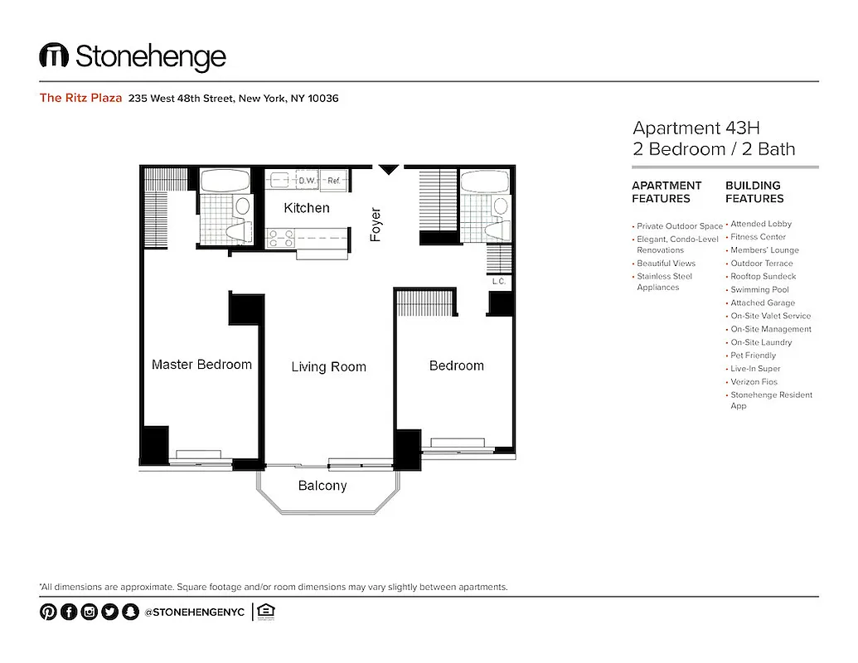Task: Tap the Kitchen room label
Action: [x=307, y=208]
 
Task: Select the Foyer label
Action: [x=376, y=225]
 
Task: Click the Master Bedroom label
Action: [x=201, y=365]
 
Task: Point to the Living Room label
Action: [x=328, y=367]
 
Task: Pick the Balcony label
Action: [x=322, y=486]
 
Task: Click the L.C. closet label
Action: [x=499, y=281]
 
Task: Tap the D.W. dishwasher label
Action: [x=307, y=180]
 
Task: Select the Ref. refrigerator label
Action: [x=335, y=180]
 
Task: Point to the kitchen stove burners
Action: [x=279, y=238]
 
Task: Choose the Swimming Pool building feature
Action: [x=759, y=290]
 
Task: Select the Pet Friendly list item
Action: [x=753, y=356]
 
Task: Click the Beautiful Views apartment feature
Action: [x=666, y=264]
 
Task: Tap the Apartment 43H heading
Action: [x=696, y=128]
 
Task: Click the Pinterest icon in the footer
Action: [x=48, y=612]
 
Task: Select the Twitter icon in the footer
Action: [x=109, y=612]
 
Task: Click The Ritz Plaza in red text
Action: [x=81, y=98]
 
